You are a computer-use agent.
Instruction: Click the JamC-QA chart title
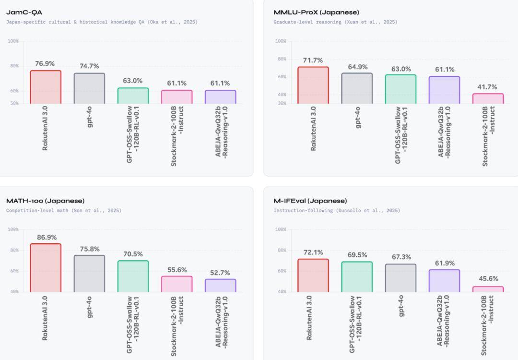24,12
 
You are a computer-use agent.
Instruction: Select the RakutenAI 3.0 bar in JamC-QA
46,87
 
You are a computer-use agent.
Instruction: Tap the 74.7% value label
89,66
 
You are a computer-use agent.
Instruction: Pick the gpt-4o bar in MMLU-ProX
357,88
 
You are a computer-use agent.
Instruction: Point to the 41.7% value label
488,87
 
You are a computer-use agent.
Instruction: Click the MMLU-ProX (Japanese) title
316,12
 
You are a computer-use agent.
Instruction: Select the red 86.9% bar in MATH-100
46,267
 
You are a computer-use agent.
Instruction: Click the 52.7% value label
220,273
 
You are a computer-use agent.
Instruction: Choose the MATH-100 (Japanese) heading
45,201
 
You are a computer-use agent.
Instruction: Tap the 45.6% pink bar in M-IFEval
488,289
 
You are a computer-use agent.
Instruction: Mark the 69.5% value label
357,255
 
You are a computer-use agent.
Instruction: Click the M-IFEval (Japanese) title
310,201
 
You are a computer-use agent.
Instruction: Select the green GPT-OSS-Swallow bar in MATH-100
133,276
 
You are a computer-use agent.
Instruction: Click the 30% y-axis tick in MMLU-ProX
281,103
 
